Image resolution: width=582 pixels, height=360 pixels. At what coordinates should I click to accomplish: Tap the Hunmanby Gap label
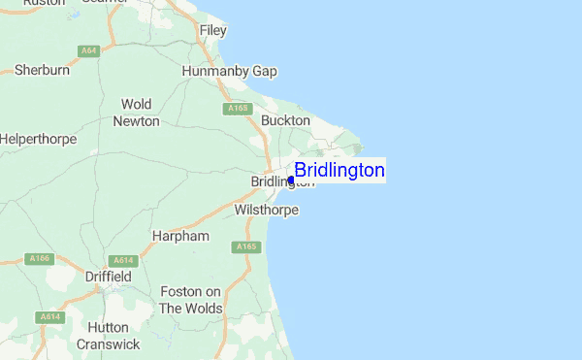230,72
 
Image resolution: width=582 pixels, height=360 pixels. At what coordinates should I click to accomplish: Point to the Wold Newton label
137,112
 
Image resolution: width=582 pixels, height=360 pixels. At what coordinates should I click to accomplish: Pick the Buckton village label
286,120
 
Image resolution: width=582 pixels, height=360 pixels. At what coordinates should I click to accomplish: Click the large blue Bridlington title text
339,171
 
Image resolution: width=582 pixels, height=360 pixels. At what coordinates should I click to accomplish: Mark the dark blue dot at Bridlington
291,180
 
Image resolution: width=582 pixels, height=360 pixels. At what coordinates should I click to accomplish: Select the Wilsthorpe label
267,210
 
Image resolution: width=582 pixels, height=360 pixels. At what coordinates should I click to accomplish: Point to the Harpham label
180,236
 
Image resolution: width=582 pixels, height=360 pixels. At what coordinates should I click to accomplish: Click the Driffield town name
109,277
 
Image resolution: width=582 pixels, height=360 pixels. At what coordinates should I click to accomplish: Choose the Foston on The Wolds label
191,300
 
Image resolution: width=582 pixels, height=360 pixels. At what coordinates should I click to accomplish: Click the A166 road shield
39,258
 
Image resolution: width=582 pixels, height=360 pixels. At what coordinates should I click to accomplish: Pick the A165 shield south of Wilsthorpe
246,247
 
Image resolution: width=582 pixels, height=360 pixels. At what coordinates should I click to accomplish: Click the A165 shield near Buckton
239,109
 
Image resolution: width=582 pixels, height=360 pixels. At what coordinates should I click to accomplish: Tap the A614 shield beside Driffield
122,260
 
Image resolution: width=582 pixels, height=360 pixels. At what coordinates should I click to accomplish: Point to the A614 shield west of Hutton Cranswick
49,317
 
